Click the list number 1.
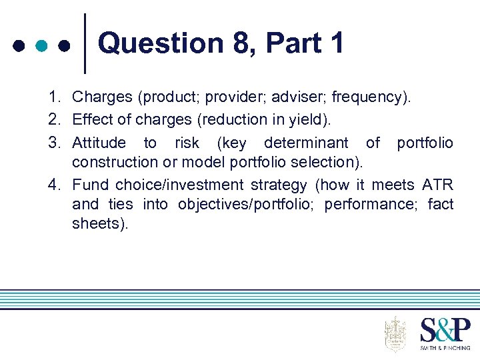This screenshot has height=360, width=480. click(54, 97)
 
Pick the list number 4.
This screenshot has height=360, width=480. click(54, 184)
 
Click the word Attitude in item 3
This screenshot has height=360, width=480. click(99, 143)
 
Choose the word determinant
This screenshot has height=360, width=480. click(306, 143)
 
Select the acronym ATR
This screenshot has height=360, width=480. click(438, 184)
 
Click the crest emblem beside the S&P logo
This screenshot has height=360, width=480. click(395, 334)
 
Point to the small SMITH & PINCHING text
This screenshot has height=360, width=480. click(445, 347)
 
